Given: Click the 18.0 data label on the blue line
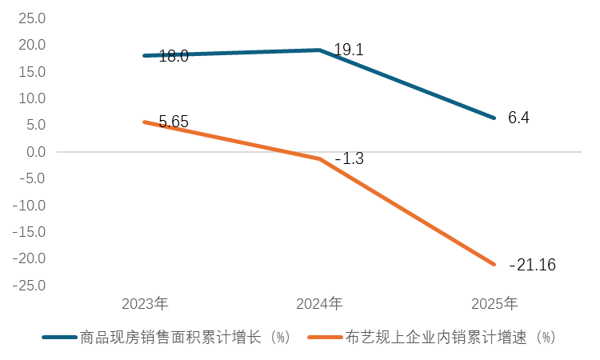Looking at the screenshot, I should pyautogui.click(x=174, y=56).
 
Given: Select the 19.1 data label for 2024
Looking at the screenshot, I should pyautogui.click(x=349, y=50).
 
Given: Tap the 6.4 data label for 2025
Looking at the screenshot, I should pyautogui.click(x=518, y=118).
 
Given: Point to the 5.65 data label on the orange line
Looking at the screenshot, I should pyautogui.click(x=174, y=122).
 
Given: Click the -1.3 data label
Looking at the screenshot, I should pyautogui.click(x=349, y=159).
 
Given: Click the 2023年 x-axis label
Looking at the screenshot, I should pyautogui.click(x=145, y=304).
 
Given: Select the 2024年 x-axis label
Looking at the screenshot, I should pyautogui.click(x=319, y=304).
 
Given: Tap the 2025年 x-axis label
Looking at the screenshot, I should pyautogui.click(x=494, y=304).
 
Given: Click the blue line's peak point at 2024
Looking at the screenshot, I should pyautogui.click(x=319, y=50).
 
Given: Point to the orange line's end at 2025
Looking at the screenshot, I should pyautogui.click(x=494, y=264).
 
